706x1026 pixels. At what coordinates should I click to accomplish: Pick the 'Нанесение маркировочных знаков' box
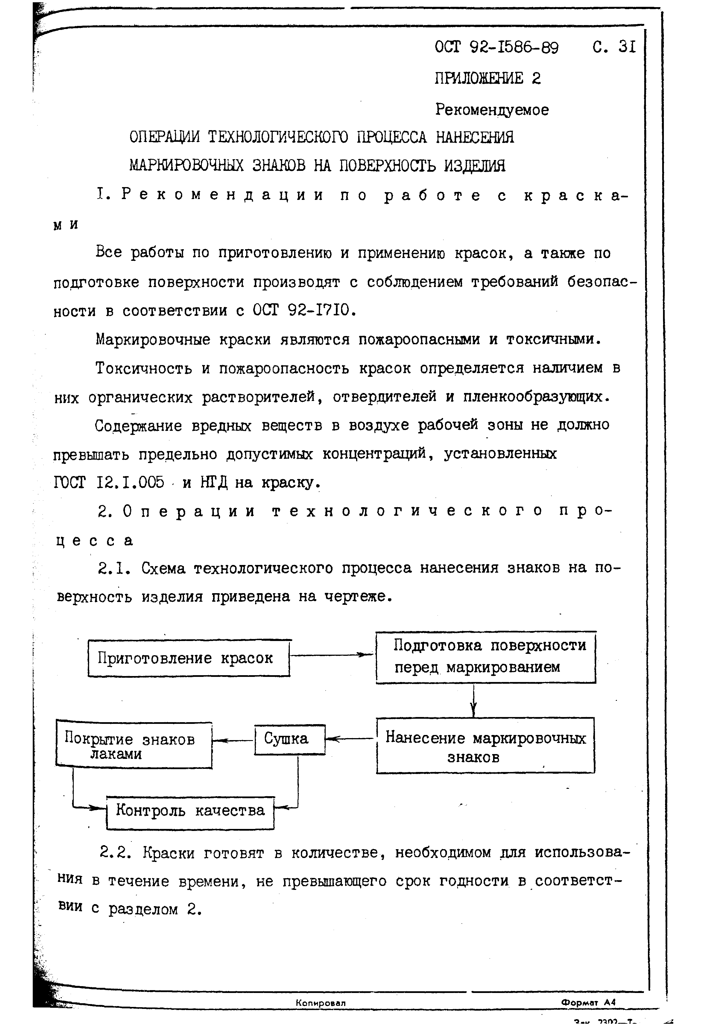(x=485, y=746)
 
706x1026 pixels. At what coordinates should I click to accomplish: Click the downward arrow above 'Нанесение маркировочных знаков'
(x=473, y=700)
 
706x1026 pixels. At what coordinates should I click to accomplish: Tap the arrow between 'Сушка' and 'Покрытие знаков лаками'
(x=233, y=740)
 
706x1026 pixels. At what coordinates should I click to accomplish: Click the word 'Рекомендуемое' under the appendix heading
(x=492, y=110)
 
